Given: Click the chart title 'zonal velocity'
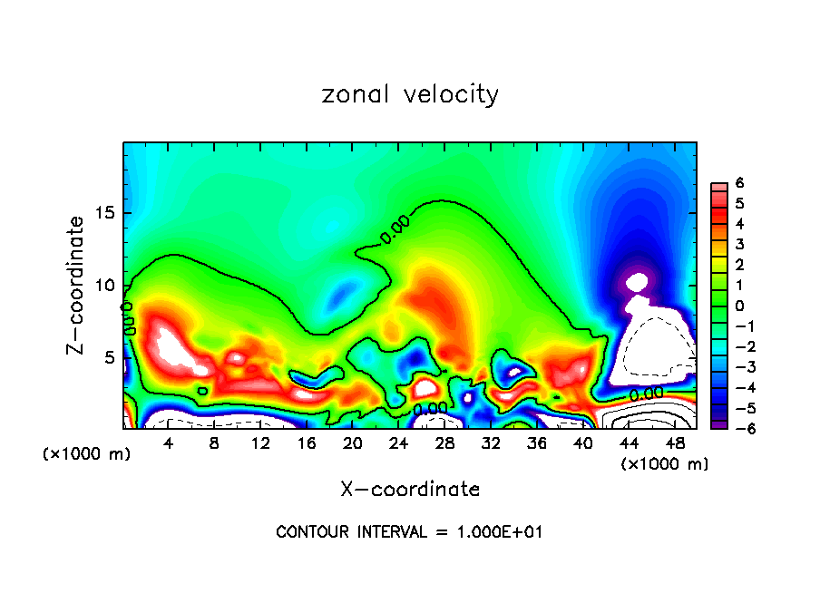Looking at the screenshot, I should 410,94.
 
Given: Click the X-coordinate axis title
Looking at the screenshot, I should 410,490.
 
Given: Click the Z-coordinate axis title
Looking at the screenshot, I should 79,285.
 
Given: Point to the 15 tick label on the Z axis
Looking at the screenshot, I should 104,214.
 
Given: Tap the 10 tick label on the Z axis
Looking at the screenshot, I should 104,286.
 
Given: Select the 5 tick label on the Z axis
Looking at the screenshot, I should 109,357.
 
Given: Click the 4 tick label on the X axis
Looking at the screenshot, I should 169,443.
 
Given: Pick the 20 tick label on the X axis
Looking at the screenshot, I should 352,443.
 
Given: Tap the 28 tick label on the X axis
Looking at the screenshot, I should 444,443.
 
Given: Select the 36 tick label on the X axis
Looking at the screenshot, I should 536,443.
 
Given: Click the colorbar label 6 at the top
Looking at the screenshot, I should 740,183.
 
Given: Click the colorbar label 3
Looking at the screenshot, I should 740,244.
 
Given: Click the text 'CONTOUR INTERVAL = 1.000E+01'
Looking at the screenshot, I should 409,532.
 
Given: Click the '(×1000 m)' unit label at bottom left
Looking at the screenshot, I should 87,454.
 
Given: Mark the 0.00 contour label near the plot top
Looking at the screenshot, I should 395,229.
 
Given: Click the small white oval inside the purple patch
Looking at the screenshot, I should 638,281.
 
